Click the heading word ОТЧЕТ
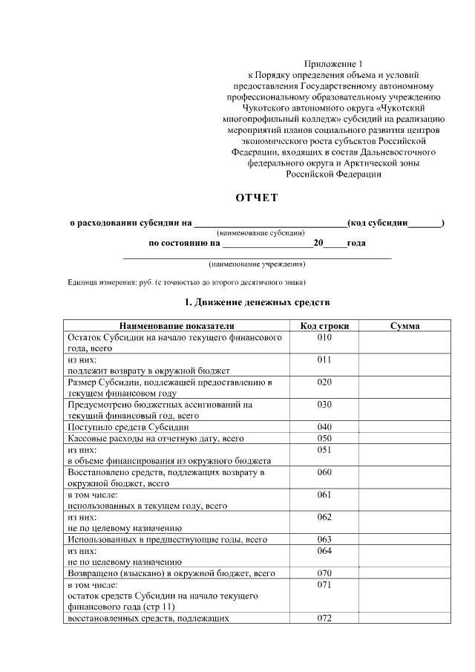[x=256, y=198]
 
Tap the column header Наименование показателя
[x=176, y=326]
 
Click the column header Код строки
[x=324, y=326]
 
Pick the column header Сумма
[x=404, y=326]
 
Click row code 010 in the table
[x=324, y=337]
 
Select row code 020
[x=324, y=382]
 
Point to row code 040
[x=324, y=427]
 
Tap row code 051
[x=324, y=449]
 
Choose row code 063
[x=324, y=539]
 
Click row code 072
[x=324, y=618]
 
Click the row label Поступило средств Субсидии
[x=128, y=427]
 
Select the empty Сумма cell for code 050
[x=404, y=438]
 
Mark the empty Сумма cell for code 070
[x=404, y=573]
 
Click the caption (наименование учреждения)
[x=258, y=264]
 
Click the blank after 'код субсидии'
[x=424, y=223]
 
